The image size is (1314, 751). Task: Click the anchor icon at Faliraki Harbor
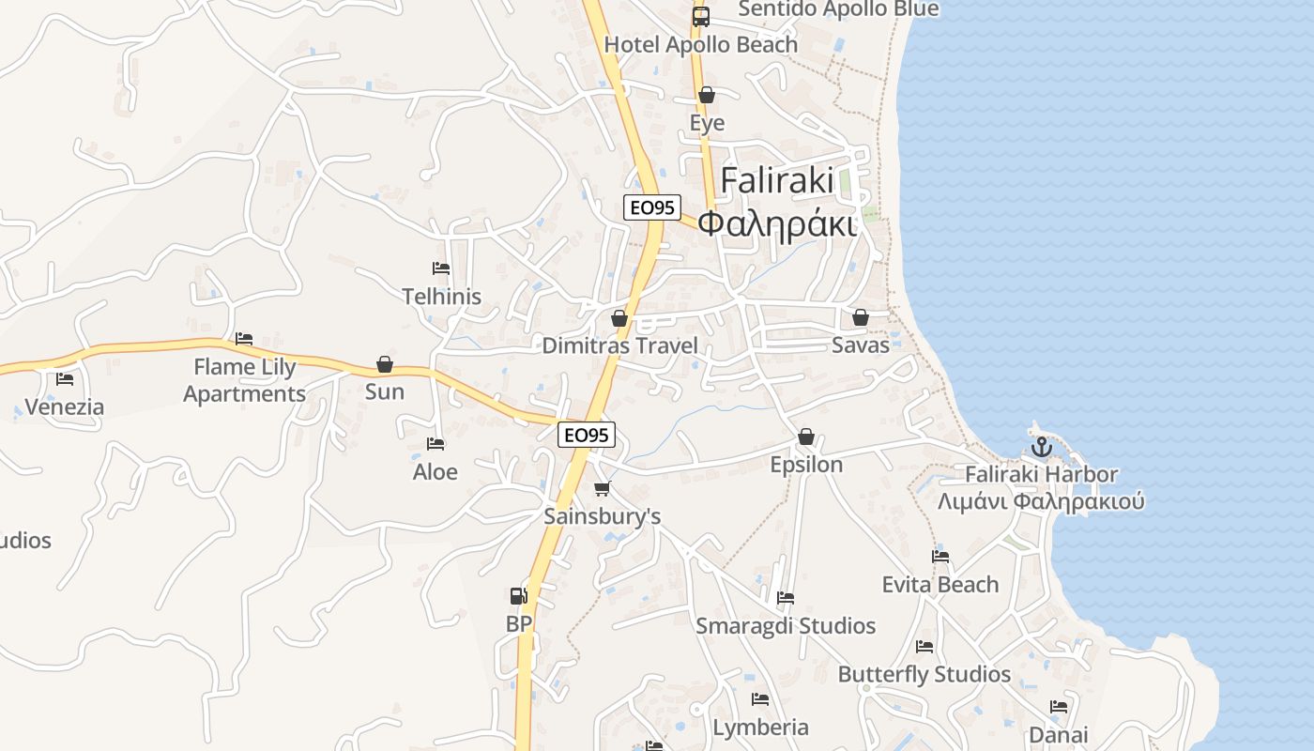[x=1041, y=447]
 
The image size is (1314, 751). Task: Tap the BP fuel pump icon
[x=518, y=595]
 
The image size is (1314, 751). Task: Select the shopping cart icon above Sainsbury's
[x=603, y=488]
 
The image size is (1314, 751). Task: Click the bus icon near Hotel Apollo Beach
[x=701, y=16]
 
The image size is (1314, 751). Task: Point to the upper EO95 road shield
[x=652, y=207]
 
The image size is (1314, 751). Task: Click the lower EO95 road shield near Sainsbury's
[x=587, y=435]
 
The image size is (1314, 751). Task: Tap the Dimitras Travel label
[x=619, y=345]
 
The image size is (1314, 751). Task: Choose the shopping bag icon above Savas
[x=860, y=317]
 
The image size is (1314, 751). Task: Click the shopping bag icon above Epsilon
[x=805, y=437]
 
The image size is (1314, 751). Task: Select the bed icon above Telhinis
[x=441, y=268]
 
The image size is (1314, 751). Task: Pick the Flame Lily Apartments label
[x=244, y=379]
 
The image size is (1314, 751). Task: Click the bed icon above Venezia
[x=65, y=379]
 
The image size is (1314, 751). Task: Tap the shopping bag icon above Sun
[x=384, y=364]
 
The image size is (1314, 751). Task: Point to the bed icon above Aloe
[x=435, y=443]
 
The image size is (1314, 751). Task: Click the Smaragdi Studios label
[x=786, y=626]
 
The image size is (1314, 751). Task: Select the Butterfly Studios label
[x=924, y=674]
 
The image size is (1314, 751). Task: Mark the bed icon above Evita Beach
[x=940, y=556]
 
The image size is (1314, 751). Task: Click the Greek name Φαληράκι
[x=778, y=224]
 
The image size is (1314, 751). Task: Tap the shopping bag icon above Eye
[x=707, y=95]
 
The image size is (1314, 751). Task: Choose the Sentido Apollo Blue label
[x=838, y=9]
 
